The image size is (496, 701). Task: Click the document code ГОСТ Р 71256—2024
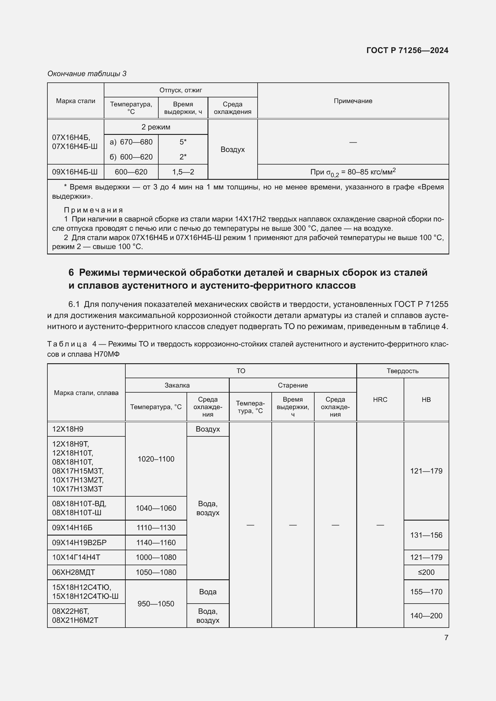tap(407, 50)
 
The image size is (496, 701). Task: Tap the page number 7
tap(446, 637)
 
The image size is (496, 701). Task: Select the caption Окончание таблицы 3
tap(87, 74)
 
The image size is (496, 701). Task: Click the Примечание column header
tap(353, 101)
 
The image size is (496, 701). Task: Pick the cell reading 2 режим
tap(156, 127)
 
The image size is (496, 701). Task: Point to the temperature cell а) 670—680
tap(131, 142)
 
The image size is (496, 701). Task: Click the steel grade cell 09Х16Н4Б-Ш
tap(75, 172)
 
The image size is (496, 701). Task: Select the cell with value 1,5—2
tap(183, 172)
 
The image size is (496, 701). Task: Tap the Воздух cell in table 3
tap(232, 149)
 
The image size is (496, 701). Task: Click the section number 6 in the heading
tap(71, 272)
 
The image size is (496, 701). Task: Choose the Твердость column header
tap(402, 371)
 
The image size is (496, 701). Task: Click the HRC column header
tap(380, 400)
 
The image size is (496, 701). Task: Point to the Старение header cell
tap(293, 385)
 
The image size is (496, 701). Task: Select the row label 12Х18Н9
tap(68, 429)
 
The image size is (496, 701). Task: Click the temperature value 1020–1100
tap(156, 459)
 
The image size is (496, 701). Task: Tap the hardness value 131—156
tap(426, 535)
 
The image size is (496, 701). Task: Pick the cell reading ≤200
tap(426, 572)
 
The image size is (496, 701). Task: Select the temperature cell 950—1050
tap(156, 604)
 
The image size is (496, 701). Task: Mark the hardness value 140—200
tap(426, 616)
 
